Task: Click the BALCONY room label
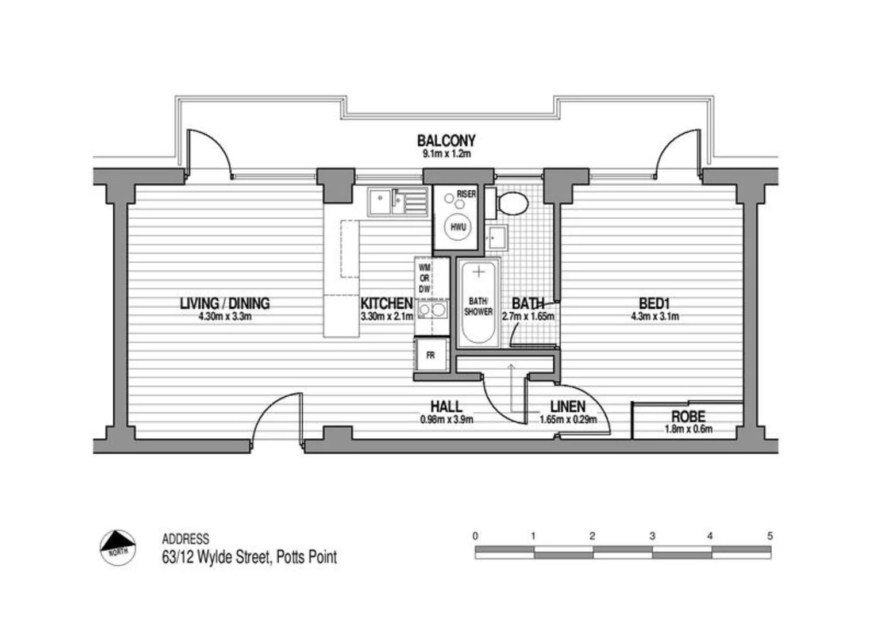coord(446,140)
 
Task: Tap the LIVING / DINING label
coord(225,303)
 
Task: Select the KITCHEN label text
coord(386,303)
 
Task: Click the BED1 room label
coord(654,303)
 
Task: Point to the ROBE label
coord(688,416)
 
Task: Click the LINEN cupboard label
coord(568,407)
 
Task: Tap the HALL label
coord(446,407)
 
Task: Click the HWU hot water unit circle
coord(458,227)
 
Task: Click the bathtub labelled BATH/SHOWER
coord(478,305)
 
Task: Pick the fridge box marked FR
coord(430,356)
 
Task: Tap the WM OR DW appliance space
coord(425,278)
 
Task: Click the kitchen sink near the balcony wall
coord(397,201)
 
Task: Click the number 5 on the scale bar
coord(770,536)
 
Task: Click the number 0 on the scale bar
coord(475,536)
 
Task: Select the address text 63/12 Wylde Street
coord(249,557)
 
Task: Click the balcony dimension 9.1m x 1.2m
coord(446,154)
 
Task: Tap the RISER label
coord(466,194)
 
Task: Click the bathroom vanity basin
coord(496,236)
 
